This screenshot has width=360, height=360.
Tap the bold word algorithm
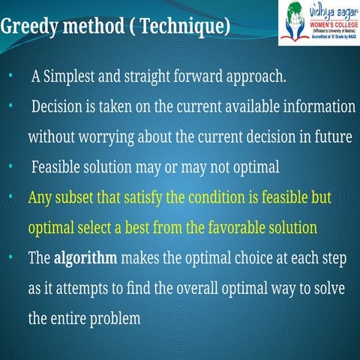pyautogui.click(x=85, y=259)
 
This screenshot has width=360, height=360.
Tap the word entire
pyautogui.click(x=70, y=319)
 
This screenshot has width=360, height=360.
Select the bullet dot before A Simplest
pyautogui.click(x=10, y=77)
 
